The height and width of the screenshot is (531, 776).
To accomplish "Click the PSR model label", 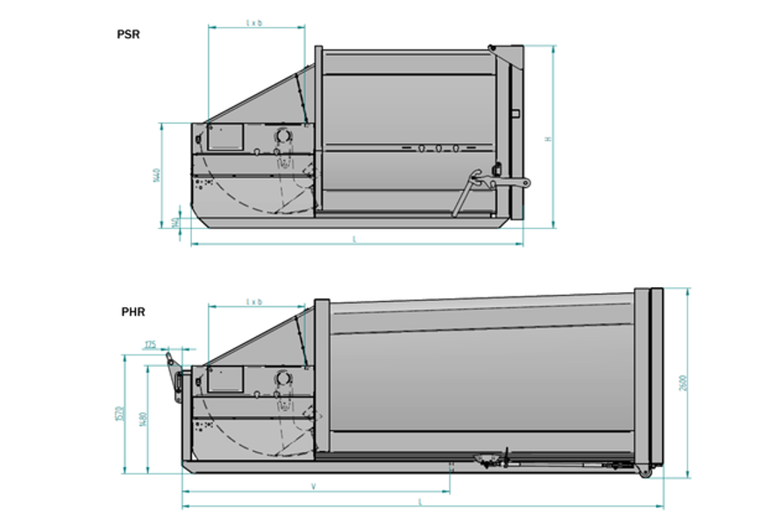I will [129, 35].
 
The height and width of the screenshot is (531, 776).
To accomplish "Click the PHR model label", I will [133, 312].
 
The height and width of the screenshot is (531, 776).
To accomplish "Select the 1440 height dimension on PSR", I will [155, 175].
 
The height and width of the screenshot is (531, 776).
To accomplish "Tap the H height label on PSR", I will [548, 139].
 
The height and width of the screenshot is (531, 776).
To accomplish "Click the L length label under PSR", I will [354, 239].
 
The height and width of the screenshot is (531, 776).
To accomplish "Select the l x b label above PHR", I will [254, 301].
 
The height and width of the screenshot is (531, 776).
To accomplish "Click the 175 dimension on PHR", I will [150, 345].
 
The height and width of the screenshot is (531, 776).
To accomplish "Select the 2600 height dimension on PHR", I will [684, 383].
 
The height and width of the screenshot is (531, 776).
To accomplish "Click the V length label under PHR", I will [314, 485].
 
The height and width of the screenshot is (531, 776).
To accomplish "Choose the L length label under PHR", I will [421, 501].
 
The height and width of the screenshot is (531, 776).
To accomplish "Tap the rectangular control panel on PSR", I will [225, 137].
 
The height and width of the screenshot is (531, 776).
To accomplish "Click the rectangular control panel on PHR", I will [225, 380].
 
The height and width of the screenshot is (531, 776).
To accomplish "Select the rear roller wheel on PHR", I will [645, 473].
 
